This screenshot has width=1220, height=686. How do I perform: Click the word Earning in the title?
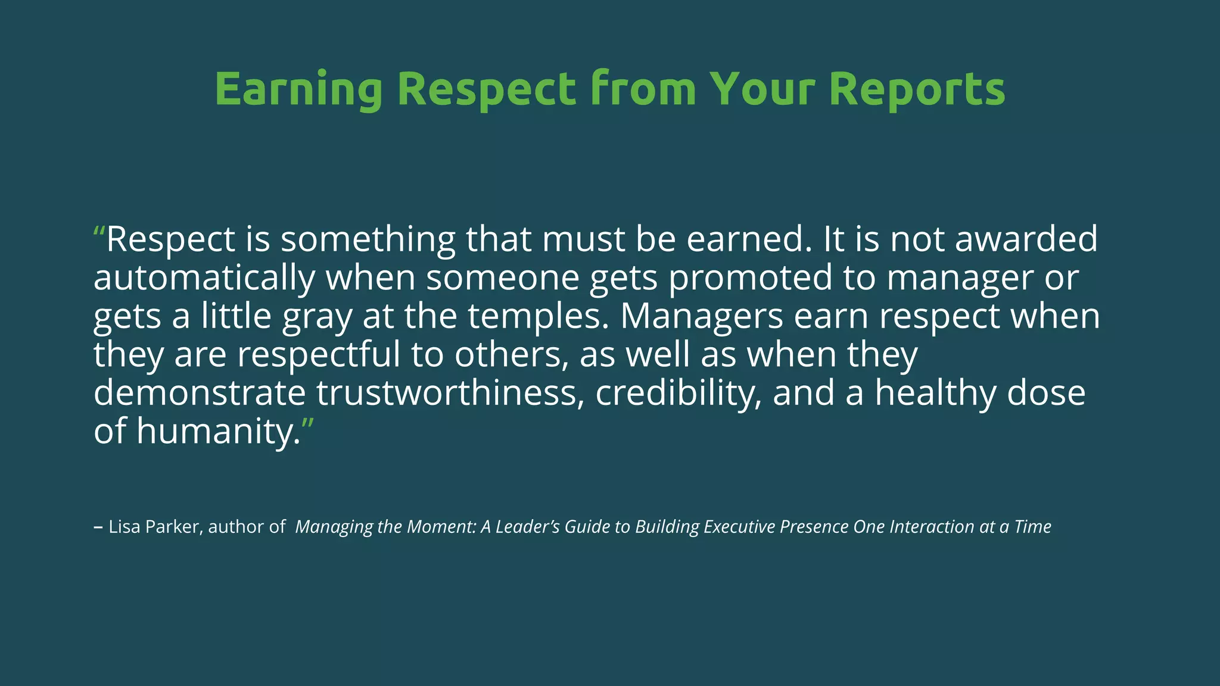(298, 89)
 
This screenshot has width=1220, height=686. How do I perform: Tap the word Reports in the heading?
(917, 89)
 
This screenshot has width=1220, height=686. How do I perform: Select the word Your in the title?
(762, 89)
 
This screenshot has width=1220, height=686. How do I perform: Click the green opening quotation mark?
(99, 232)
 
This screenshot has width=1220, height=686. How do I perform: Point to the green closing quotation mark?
(307, 424)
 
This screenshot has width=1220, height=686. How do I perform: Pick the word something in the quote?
(368, 239)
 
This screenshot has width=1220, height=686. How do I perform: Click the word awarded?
(1026, 239)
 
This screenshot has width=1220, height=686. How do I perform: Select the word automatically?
(204, 278)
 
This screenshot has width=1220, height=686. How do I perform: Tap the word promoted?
(750, 278)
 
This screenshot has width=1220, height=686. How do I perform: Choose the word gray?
(317, 317)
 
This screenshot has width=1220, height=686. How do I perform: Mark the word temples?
(539, 317)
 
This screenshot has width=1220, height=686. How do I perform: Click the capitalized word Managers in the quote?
(701, 317)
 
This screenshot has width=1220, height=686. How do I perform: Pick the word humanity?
(218, 432)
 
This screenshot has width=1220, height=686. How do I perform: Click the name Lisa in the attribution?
(125, 527)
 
